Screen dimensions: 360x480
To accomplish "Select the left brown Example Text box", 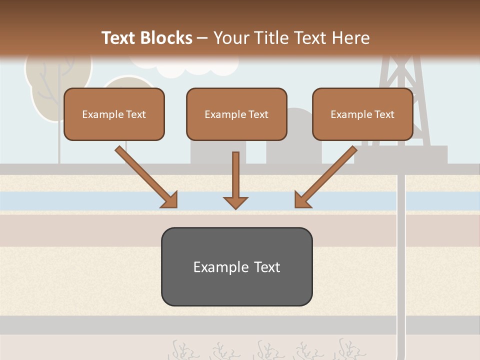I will point(114,114).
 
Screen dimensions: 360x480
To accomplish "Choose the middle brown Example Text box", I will point(236,114).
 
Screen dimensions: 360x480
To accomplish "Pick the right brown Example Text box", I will point(362,114).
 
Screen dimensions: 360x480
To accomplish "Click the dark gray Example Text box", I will point(236,266).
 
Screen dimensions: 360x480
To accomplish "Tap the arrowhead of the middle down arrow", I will point(236,202).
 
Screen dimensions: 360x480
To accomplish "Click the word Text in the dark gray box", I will point(267,267).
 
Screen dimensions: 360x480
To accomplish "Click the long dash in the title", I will point(202,38).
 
